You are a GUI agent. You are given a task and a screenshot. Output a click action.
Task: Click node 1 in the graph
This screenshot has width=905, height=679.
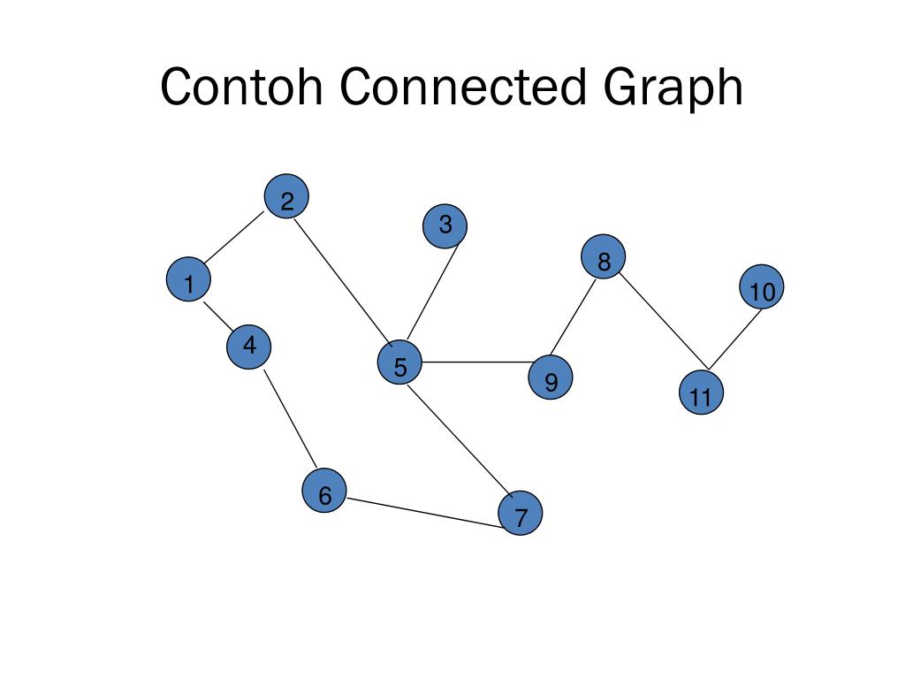click(188, 279)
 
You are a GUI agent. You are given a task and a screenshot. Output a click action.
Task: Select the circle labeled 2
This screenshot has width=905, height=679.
click(286, 197)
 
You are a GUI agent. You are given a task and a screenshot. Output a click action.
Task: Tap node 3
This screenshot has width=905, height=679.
click(445, 226)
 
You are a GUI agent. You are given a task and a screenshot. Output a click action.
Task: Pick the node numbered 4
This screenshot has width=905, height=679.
click(248, 346)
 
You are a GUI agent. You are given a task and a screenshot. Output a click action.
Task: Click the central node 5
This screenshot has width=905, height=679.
click(399, 363)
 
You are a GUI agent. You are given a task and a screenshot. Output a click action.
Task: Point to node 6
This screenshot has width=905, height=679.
click(324, 492)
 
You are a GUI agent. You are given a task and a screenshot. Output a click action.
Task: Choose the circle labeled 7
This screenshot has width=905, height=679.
click(520, 515)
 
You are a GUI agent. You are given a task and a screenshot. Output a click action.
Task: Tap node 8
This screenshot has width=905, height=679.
click(604, 257)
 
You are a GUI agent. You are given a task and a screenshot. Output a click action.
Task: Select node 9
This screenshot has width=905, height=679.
click(551, 378)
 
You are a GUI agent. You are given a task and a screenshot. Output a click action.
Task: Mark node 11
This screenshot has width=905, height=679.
click(701, 394)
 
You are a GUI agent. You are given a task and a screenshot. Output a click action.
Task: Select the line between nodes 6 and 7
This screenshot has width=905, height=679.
click(422, 513)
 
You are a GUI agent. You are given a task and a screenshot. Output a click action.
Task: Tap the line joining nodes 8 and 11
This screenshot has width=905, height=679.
click(663, 321)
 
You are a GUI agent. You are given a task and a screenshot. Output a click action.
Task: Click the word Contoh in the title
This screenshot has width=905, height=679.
click(241, 88)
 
